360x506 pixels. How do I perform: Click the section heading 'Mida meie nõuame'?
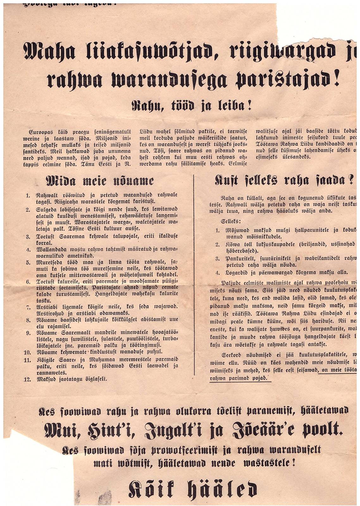coord(100,181)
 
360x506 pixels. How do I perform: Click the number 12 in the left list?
coord(27,379)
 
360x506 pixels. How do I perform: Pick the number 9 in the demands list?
coord(28,333)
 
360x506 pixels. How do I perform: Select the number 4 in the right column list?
coord(217,272)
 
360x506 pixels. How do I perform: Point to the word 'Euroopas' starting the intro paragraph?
coord(40,131)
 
